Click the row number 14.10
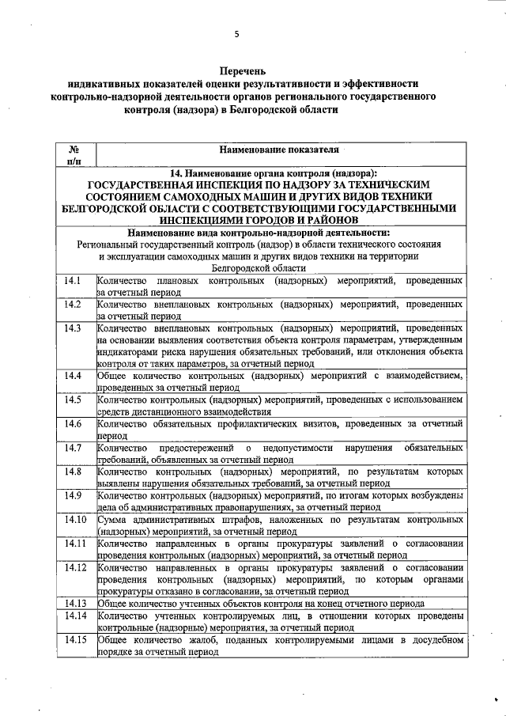click(x=75, y=520)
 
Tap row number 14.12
click(x=75, y=567)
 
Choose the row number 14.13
click(x=75, y=604)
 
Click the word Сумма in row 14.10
click(x=115, y=520)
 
